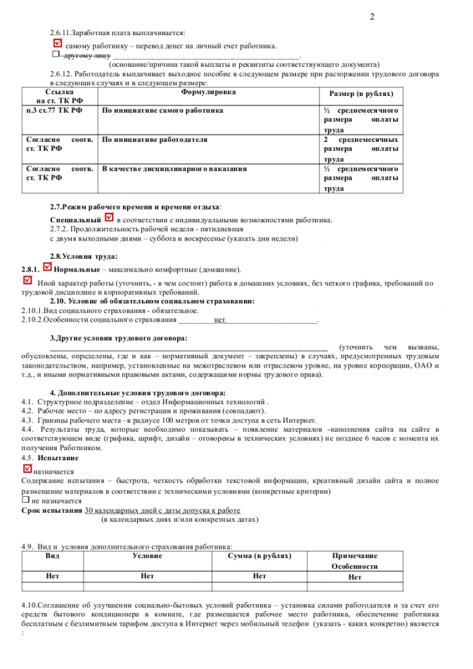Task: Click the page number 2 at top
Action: tap(372, 16)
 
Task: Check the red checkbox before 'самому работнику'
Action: tap(57, 44)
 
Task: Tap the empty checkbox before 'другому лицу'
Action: tap(56, 53)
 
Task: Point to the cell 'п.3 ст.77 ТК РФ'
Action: tap(53, 109)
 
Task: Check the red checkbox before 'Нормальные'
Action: tap(47, 268)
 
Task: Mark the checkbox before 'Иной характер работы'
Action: tap(28, 280)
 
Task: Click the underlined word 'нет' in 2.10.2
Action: tap(220, 320)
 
